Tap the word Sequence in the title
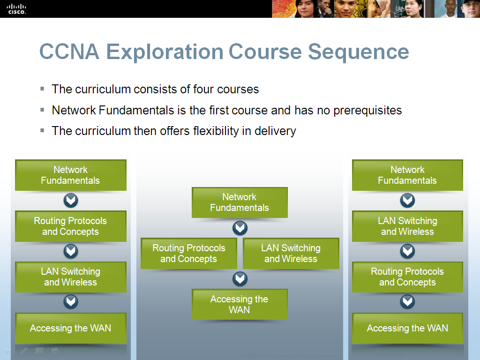point(359,52)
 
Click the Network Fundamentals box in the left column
point(71,175)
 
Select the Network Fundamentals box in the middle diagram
point(240,202)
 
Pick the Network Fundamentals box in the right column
point(407,175)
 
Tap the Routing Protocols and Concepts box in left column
point(71,226)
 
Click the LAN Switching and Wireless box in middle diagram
point(291,254)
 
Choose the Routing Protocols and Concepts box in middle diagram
point(188,254)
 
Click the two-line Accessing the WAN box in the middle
point(240,304)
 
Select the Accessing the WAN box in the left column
point(71,328)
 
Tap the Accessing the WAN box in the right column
point(407,328)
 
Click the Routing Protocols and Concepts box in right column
point(407,277)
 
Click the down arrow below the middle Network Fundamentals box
point(240,228)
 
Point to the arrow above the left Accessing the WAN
point(71,302)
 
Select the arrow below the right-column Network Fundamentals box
point(407,201)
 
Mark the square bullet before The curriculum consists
point(43,88)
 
